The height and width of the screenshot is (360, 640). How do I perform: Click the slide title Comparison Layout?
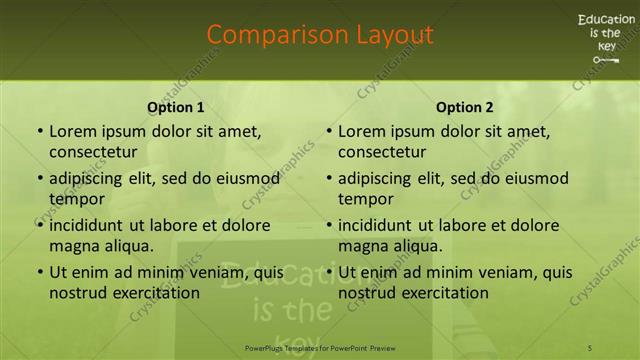click(320, 35)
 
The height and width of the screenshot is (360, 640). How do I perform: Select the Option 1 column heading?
click(176, 107)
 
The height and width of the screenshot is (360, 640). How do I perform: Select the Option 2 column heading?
click(465, 107)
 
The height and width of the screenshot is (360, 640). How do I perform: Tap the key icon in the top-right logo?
click(605, 60)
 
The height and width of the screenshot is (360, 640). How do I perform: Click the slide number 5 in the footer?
click(589, 346)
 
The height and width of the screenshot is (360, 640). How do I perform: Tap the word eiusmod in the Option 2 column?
click(535, 179)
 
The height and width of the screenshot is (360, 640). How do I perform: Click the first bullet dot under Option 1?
click(39, 132)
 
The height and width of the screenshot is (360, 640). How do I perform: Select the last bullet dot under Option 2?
click(328, 272)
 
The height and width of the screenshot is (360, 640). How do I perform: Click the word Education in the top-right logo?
click(605, 19)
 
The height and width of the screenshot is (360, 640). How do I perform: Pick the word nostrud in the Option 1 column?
click(77, 293)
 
